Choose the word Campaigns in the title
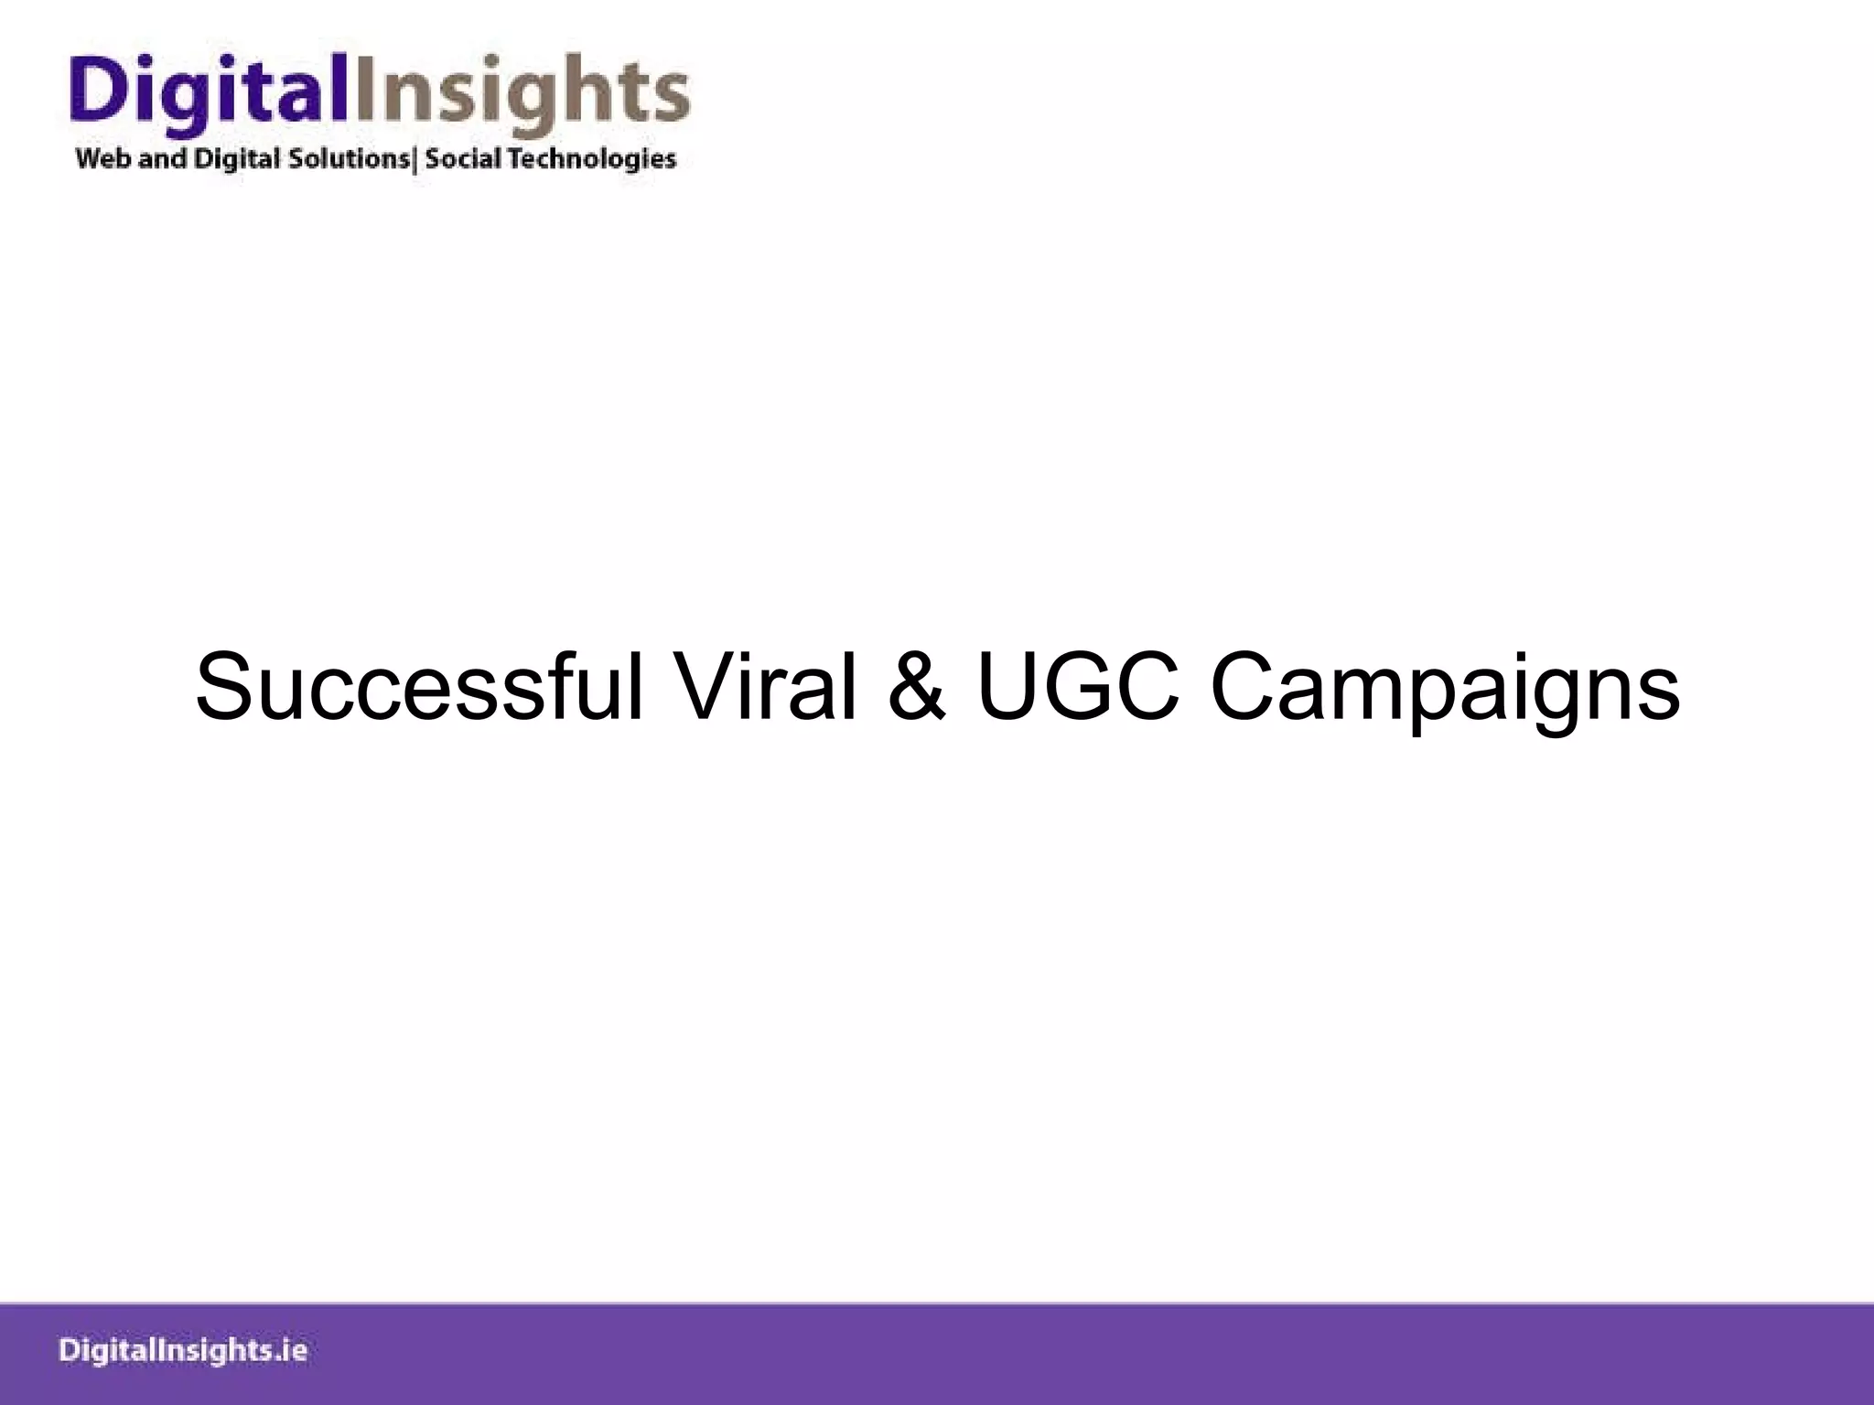coord(1445,688)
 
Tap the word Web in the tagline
coord(104,159)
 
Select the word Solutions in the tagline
coord(349,159)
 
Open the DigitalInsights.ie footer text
coord(183,1351)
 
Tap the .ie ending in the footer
coord(291,1351)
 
